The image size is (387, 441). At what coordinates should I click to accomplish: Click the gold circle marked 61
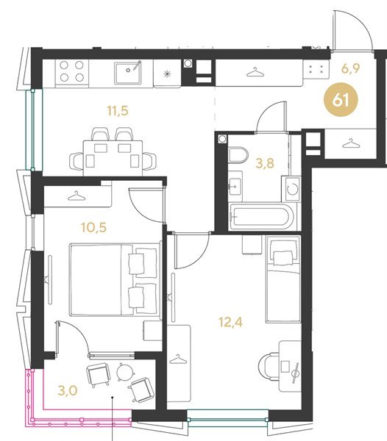pyautogui.click(x=341, y=99)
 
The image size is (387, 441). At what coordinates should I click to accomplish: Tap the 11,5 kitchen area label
pyautogui.click(x=118, y=110)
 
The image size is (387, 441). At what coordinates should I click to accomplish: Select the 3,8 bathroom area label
pyautogui.click(x=265, y=163)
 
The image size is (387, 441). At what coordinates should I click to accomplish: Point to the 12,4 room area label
pyautogui.click(x=230, y=323)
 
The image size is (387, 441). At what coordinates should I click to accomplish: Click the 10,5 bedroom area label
pyautogui.click(x=94, y=227)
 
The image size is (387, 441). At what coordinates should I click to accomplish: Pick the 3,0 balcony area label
pyautogui.click(x=68, y=390)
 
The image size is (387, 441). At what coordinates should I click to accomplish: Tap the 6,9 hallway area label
pyautogui.click(x=350, y=68)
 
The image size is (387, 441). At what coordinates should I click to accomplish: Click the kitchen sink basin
pyautogui.click(x=128, y=73)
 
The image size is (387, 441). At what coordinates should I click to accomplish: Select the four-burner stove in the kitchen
pyautogui.click(x=72, y=71)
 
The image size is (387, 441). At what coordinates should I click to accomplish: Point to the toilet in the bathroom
pyautogui.click(x=238, y=155)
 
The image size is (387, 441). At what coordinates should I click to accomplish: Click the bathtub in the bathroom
pyautogui.click(x=262, y=216)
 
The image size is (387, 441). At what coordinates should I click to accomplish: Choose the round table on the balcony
pyautogui.click(x=125, y=372)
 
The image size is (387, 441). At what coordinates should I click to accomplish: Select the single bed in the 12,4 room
pyautogui.click(x=283, y=279)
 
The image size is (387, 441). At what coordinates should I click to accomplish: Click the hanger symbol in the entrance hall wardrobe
pyautogui.click(x=351, y=143)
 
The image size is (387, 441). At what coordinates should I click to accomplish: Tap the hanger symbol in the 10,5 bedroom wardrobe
pyautogui.click(x=77, y=196)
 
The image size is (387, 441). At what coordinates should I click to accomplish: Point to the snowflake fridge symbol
pyautogui.click(x=168, y=74)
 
